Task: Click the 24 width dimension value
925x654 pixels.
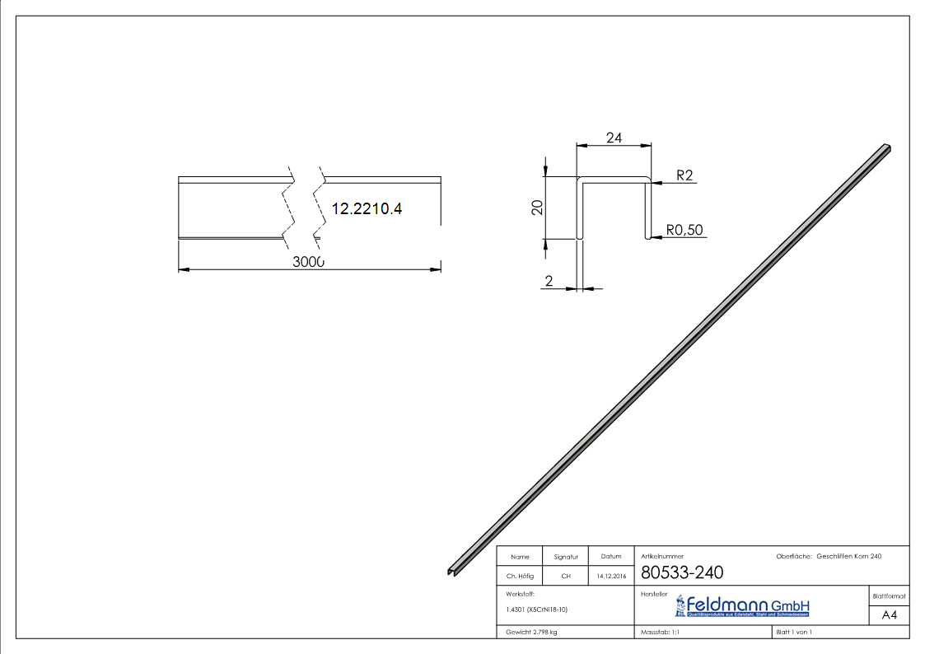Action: tap(614, 138)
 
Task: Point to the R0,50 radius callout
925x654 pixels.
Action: tap(685, 230)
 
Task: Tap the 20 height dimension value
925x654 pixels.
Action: tap(537, 207)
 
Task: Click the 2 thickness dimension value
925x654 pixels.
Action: tap(549, 281)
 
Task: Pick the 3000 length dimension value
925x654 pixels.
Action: tap(309, 261)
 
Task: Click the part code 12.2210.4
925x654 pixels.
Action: tap(367, 209)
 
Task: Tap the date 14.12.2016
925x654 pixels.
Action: tap(611, 577)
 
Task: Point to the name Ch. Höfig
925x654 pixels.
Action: tap(520, 577)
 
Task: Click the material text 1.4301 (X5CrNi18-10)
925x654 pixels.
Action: tap(537, 610)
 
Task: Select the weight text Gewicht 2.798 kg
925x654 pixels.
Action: tap(532, 633)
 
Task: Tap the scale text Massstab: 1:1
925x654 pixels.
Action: tap(660, 633)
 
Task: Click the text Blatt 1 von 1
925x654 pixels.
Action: tap(794, 633)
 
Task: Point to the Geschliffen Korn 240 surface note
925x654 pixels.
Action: tap(848, 557)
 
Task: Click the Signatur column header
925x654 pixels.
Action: tap(566, 557)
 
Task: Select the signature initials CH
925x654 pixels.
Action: tap(566, 577)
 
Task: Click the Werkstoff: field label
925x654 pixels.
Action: tap(521, 593)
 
